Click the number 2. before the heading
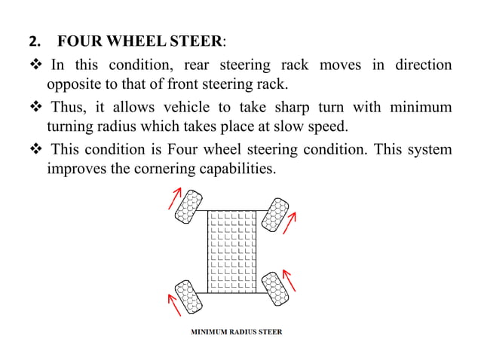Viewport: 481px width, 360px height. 33,40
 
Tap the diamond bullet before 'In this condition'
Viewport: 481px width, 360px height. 36,65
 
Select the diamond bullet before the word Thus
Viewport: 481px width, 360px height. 36,108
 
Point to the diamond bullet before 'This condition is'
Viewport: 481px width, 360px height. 36,150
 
